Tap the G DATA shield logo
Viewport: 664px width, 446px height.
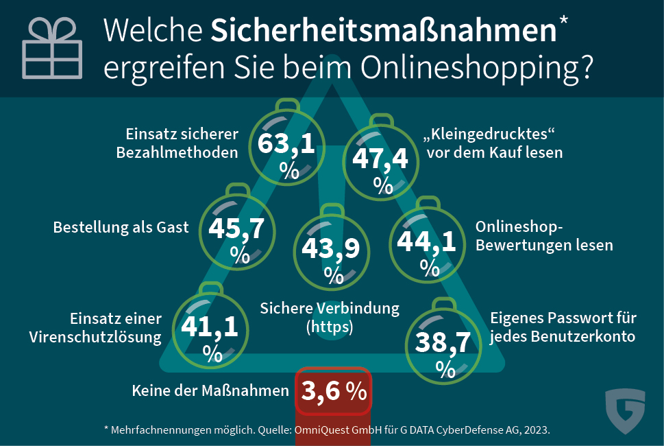coord(625,411)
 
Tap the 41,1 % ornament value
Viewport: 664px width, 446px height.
coord(210,327)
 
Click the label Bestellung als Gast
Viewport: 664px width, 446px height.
coord(121,228)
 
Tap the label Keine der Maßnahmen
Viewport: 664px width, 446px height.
coord(210,391)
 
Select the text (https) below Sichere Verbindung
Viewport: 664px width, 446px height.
coord(330,327)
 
